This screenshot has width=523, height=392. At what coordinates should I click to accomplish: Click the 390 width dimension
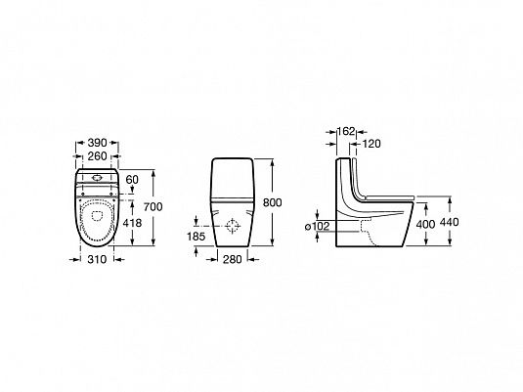[x=97, y=143]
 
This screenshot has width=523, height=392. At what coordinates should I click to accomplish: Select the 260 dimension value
[x=97, y=156]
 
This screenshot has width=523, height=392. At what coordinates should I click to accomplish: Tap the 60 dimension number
[x=132, y=180]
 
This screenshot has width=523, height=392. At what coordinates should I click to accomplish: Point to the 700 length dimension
[x=153, y=207]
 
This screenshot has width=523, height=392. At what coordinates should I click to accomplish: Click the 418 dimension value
[x=132, y=223]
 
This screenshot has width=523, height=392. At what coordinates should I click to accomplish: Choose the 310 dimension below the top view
[x=97, y=259]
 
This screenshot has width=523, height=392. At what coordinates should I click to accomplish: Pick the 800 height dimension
[x=273, y=202]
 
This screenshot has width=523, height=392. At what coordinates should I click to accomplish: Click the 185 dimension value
[x=196, y=237]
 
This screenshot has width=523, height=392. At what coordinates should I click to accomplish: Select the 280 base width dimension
[x=232, y=259]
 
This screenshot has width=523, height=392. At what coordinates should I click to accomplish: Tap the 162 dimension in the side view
[x=346, y=131]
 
